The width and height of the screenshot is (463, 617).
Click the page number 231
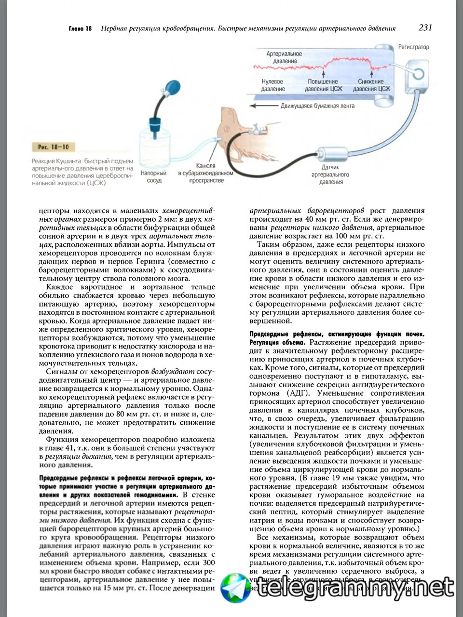425,27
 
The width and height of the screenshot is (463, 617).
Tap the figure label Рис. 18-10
53,147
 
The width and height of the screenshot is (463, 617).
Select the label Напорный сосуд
154,176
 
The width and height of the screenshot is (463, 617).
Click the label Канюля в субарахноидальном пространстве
205,173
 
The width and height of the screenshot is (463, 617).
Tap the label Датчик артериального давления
330,174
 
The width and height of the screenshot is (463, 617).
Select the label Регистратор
413,47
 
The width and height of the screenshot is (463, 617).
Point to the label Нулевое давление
272,85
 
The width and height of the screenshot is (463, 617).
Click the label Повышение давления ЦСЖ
323,85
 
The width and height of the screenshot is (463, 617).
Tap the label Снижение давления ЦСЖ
371,85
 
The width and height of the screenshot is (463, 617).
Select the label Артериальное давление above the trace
284,57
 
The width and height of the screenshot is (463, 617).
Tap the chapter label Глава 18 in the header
80,29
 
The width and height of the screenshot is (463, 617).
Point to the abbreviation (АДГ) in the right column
299,393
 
